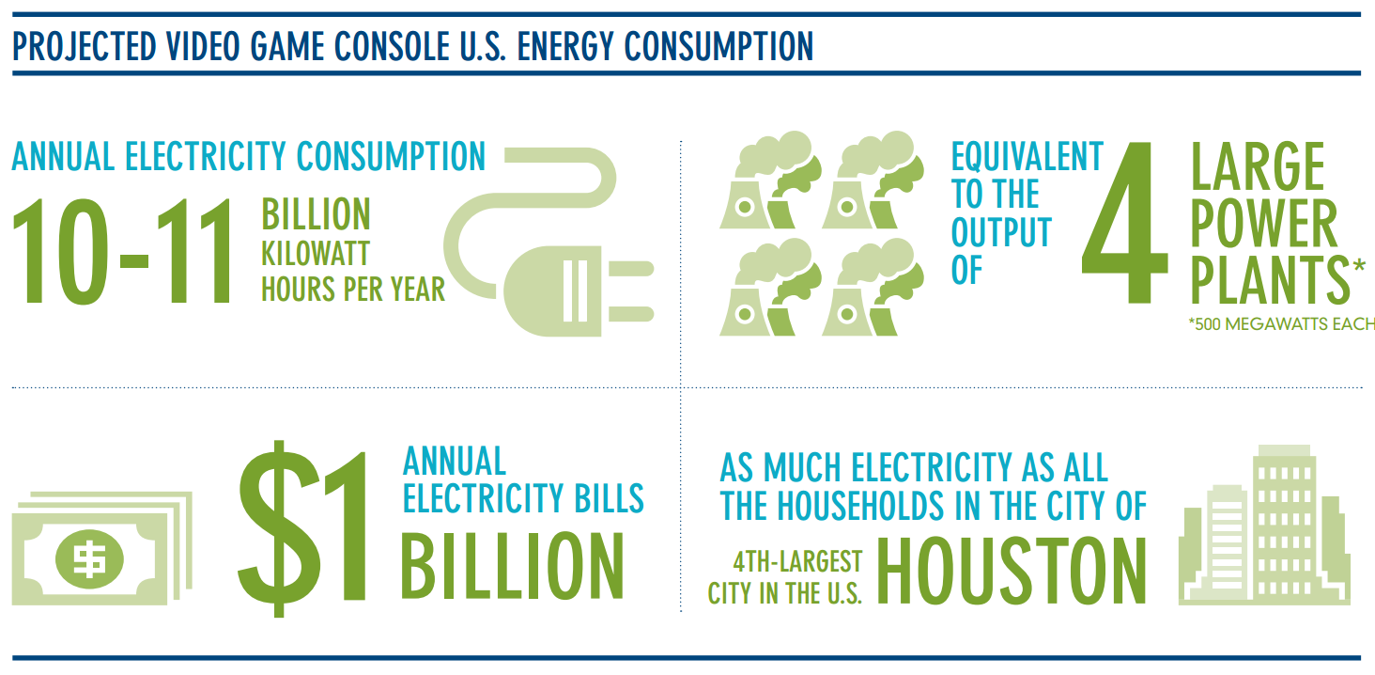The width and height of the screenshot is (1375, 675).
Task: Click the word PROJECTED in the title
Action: (x=85, y=47)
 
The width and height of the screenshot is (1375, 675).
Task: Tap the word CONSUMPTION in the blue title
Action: (x=718, y=47)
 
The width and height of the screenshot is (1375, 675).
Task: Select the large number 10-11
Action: (x=121, y=251)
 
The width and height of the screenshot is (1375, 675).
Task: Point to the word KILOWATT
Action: (x=316, y=254)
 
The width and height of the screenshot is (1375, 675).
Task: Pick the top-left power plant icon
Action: (x=770, y=180)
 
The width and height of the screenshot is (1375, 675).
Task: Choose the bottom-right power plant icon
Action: (x=873, y=287)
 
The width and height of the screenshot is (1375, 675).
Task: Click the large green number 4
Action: (x=1125, y=223)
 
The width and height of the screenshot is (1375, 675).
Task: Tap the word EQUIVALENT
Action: (x=1027, y=157)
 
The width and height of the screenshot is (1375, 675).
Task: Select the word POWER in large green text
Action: (x=1264, y=223)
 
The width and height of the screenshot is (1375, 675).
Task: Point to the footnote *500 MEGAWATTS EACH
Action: (x=1282, y=324)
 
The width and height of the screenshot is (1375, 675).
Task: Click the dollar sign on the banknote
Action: (x=89, y=559)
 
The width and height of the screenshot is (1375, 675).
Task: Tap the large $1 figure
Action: (x=302, y=528)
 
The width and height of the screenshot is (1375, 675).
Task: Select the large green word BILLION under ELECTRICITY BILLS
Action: (x=513, y=566)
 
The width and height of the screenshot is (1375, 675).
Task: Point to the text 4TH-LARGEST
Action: (x=797, y=561)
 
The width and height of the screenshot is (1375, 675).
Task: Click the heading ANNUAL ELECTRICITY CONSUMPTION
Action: (x=249, y=157)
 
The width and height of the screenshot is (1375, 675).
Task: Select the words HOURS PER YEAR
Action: (x=353, y=290)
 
